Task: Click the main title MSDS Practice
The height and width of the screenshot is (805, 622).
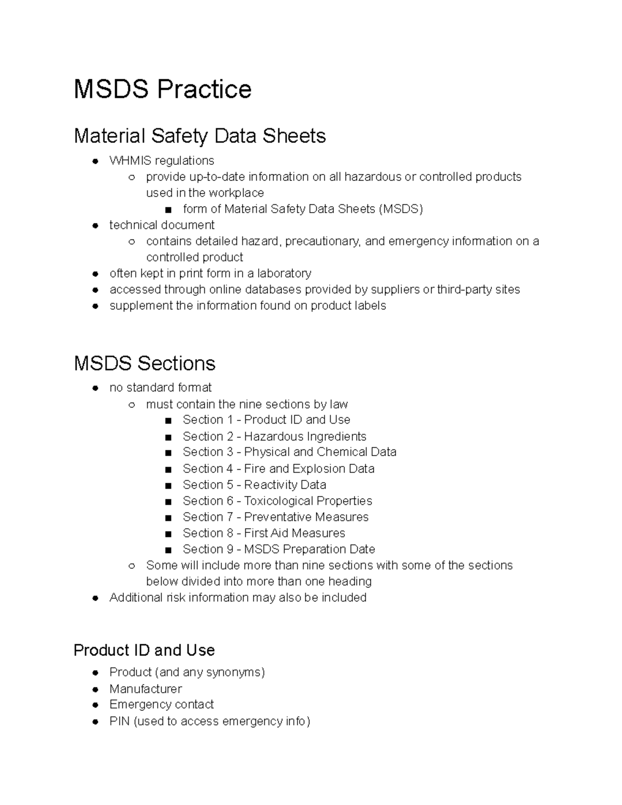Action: tap(162, 89)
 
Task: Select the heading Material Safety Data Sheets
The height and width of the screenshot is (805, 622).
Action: tap(200, 136)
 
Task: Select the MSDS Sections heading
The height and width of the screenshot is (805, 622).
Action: tap(144, 363)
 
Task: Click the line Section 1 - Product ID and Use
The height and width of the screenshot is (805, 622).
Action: tap(266, 419)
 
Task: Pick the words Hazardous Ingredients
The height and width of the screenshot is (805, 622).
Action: tap(305, 436)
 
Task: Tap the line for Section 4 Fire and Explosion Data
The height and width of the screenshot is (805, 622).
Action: tap(278, 469)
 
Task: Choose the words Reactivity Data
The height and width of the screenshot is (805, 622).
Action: tap(285, 485)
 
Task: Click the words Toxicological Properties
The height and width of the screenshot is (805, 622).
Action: tap(308, 501)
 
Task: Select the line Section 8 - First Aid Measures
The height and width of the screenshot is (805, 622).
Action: tap(263, 533)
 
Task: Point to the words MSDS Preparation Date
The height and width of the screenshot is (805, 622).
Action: tap(309, 549)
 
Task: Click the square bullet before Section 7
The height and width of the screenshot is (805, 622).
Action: tap(168, 517)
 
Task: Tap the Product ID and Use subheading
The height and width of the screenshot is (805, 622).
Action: tap(144, 650)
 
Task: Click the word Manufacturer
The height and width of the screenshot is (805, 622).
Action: tap(146, 689)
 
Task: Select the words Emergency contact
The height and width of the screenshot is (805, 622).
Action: tap(161, 704)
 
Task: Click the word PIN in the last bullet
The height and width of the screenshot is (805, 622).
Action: tap(119, 721)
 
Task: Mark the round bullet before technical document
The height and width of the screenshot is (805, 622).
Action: tap(95, 225)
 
